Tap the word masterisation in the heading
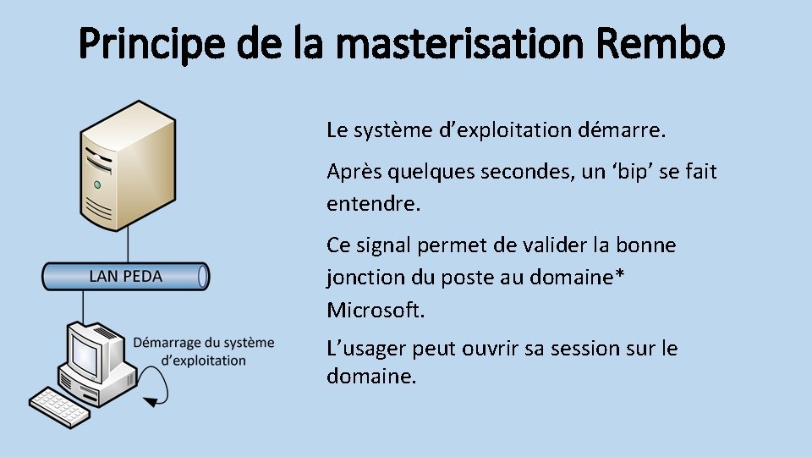[431, 44]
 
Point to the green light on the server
[97, 184]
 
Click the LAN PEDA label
[125, 276]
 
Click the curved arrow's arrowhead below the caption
[148, 402]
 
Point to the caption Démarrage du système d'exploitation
[204, 351]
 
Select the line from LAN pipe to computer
[83, 304]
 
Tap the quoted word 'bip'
[631, 172]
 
